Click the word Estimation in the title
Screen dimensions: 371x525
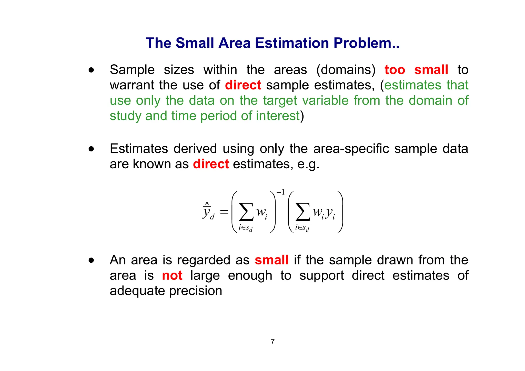(x=292, y=43)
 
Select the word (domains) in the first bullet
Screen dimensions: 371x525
(x=346, y=70)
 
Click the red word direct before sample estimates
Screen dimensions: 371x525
(x=243, y=85)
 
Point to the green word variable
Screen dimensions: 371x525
(x=325, y=100)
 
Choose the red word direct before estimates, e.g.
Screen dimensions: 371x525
(x=211, y=164)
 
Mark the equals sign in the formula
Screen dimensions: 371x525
(x=224, y=212)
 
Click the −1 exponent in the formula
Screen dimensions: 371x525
(x=281, y=192)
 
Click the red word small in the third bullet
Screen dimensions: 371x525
(x=271, y=260)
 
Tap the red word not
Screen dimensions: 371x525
(x=172, y=276)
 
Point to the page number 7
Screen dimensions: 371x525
(x=272, y=342)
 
